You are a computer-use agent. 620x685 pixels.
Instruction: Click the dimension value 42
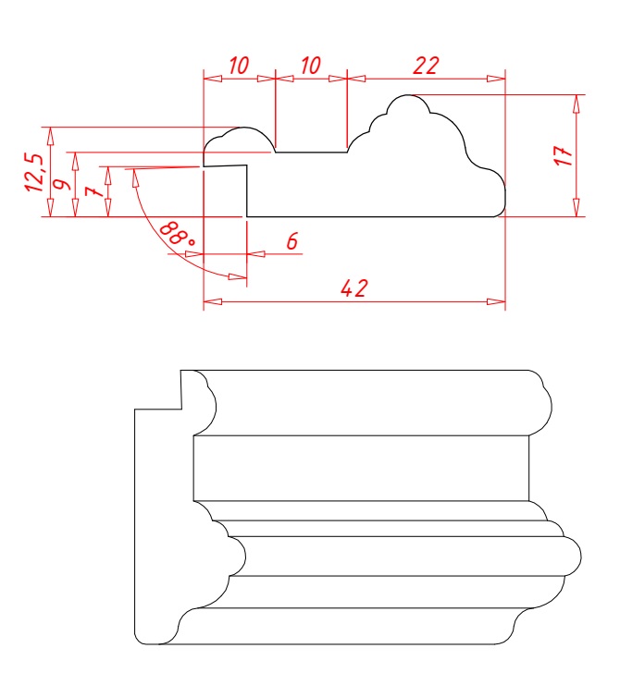click(354, 288)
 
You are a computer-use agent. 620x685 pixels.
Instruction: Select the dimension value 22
click(426, 66)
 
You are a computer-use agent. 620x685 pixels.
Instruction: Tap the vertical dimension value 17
click(564, 156)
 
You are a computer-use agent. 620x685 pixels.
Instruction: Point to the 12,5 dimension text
click(35, 172)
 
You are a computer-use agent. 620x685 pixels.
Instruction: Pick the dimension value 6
click(292, 240)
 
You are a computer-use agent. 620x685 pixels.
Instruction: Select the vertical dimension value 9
click(63, 183)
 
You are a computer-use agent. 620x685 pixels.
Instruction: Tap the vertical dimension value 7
click(94, 191)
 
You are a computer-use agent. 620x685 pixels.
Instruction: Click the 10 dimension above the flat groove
click(310, 66)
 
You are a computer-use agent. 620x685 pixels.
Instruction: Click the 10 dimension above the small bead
click(239, 66)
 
